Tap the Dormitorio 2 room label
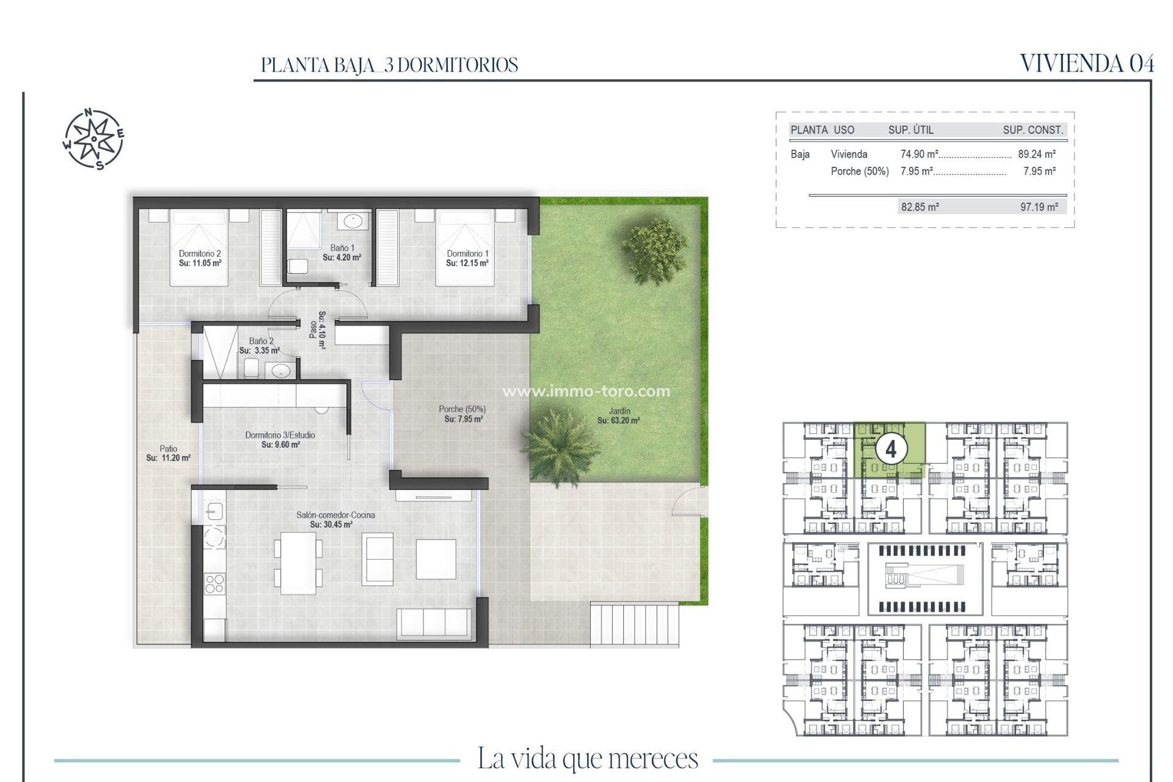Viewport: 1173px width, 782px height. (x=200, y=258)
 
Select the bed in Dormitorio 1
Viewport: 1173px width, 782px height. (x=464, y=247)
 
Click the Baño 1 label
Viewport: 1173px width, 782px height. (x=342, y=252)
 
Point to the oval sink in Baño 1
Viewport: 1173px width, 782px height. (x=353, y=221)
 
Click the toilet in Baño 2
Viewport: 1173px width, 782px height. (x=251, y=368)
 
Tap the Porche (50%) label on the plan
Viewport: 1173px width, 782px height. (x=462, y=414)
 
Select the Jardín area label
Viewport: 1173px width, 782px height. (x=618, y=415)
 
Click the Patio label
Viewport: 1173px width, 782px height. (x=168, y=453)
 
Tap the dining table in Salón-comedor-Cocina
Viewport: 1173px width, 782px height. (x=298, y=563)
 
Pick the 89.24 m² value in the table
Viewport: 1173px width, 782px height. (x=1037, y=155)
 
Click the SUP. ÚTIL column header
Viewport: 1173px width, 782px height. (x=910, y=130)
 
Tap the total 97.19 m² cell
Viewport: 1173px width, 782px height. (x=1039, y=207)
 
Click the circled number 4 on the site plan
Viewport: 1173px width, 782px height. (x=891, y=450)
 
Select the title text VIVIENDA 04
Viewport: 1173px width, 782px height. (x=1087, y=64)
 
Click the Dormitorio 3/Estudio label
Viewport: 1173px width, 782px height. (x=280, y=439)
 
